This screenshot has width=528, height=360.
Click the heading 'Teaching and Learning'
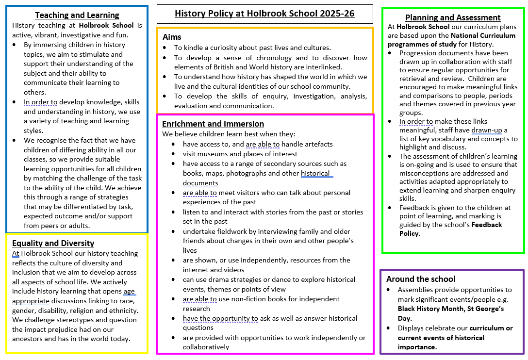pyautogui.click(x=77, y=16)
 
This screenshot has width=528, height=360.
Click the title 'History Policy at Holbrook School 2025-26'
pyautogui.click(x=264, y=14)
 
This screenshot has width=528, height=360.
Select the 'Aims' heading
pyautogui.click(x=172, y=37)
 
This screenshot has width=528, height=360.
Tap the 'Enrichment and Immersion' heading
pyautogui.click(x=213, y=124)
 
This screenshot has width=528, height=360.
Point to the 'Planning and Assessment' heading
pyautogui.click(x=453, y=18)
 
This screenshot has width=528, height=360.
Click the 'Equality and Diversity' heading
pyautogui.click(x=53, y=243)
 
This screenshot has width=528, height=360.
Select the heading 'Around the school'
pyautogui.click(x=421, y=279)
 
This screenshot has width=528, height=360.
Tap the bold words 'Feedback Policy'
pyautogui.click(x=451, y=229)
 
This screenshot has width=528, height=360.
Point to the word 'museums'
pyautogui.click(x=213, y=154)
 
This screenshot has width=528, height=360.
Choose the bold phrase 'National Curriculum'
pyautogui.click(x=485, y=35)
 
